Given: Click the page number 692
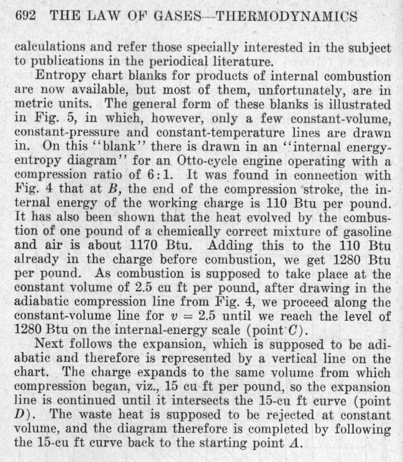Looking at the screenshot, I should click(x=26, y=16).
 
